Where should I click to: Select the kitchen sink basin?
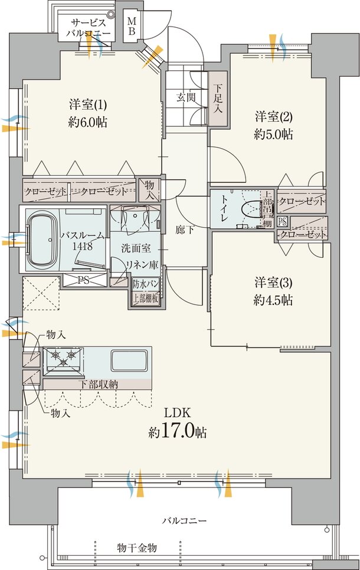pos(129,361)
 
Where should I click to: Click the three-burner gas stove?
pos(63,359)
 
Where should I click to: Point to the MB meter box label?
pos(132,27)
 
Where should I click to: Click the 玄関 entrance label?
pos(186,97)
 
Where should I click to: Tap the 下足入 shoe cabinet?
pos(218,98)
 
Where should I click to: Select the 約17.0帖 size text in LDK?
pos(178,432)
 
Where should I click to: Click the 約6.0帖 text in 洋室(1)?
pos(87,122)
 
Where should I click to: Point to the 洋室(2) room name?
pos(274,117)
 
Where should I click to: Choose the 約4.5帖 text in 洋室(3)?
pos(273,300)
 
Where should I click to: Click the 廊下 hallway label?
pos(185,230)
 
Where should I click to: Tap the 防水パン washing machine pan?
pos(145,284)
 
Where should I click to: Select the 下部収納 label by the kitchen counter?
pos(99,384)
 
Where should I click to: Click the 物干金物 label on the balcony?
pos(137,548)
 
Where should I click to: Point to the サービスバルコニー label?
pos(88,28)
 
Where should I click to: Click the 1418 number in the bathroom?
pos(83,247)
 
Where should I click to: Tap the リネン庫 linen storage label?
pos(142,264)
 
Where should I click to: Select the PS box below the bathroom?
pos(84,281)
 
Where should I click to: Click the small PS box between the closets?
pos(282,221)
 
